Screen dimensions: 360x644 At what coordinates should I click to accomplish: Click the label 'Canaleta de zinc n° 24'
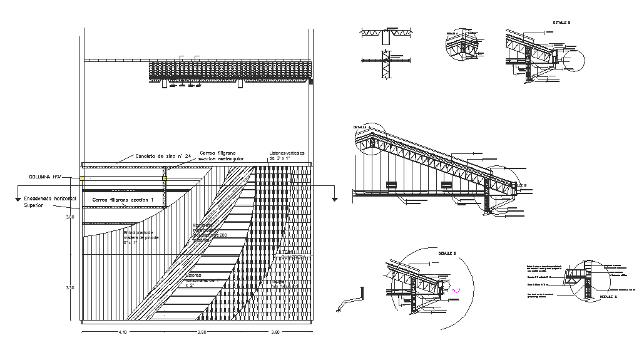coord(163,156)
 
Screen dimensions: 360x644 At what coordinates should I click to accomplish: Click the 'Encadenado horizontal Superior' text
coord(49,201)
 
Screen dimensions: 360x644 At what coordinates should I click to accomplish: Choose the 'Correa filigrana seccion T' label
coord(123,199)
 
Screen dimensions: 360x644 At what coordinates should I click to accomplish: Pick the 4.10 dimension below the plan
coord(122,332)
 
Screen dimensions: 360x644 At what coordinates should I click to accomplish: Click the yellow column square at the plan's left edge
coord(81,178)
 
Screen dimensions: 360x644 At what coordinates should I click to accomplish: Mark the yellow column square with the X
coord(165,178)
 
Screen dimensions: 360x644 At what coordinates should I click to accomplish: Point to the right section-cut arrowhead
coord(335,199)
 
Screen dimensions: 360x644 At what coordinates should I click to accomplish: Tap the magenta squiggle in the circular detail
coord(456,290)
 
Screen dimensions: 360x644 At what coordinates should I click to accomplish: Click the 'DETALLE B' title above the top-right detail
coord(561,23)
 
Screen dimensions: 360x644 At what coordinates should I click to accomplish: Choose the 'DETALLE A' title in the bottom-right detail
coord(608,297)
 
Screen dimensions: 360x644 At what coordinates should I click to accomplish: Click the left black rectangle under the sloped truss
coord(392,185)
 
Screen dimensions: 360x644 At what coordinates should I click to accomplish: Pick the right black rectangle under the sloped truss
coord(447,185)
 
